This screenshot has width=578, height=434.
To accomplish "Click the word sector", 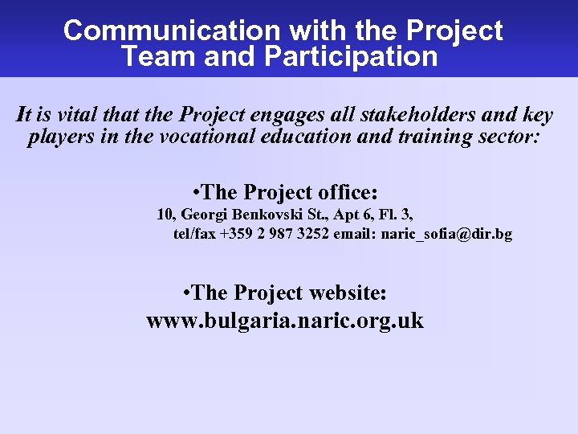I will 509,137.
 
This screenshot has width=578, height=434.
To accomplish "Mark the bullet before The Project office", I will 197,193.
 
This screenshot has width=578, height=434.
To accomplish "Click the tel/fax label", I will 194,235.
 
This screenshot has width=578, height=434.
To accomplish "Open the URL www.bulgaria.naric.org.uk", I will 285,321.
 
